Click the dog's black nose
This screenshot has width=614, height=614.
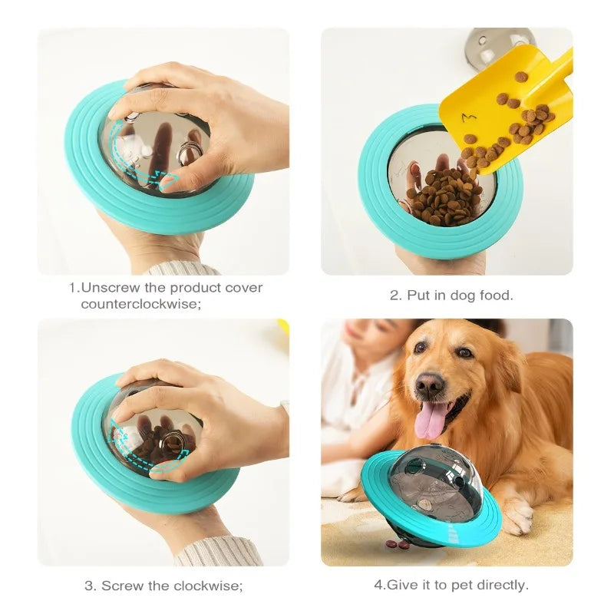430,385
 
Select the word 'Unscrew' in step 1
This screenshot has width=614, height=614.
111,288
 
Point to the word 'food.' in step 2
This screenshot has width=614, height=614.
495,295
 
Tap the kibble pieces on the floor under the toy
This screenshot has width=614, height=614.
398,544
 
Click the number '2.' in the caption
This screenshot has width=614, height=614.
395,295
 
